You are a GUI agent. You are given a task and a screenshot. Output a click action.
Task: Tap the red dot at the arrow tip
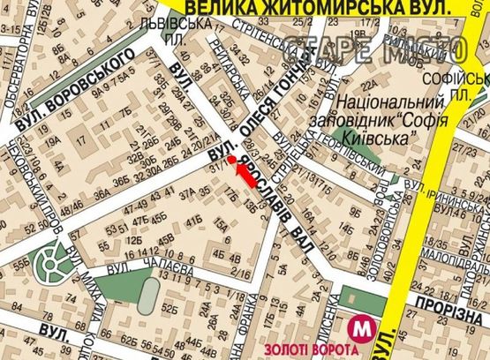click(x=231, y=159)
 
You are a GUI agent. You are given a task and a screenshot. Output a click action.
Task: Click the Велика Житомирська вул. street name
click(x=310, y=8)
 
